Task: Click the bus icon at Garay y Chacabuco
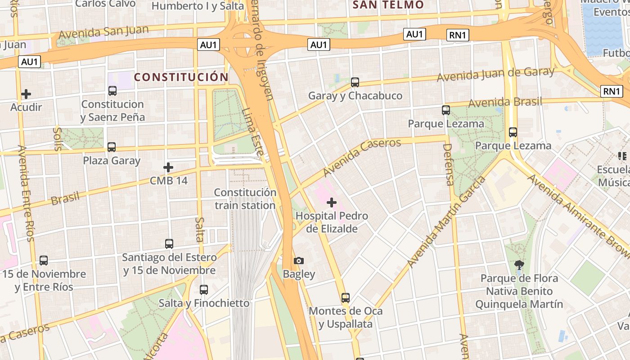355,82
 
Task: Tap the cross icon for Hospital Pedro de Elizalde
332,202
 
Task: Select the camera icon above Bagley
298,261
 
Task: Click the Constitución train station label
245,199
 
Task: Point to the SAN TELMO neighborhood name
388,5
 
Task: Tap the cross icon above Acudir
26,94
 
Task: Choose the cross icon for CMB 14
168,167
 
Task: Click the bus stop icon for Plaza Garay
111,147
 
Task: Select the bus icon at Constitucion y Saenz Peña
112,91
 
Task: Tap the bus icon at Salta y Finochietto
204,290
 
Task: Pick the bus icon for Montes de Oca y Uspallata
345,298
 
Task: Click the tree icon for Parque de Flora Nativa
519,265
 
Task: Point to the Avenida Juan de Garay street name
495,74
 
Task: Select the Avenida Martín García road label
446,222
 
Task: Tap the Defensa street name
448,164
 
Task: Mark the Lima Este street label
252,132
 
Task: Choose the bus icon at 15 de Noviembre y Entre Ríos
44,261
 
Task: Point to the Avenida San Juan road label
103,32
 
